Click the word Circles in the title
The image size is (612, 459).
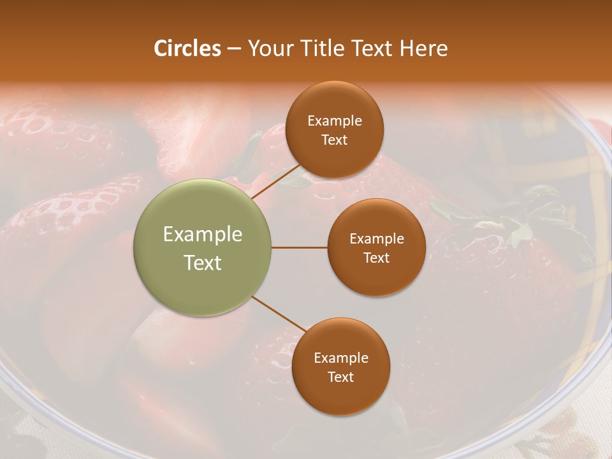(x=187, y=48)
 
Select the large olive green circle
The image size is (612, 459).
(x=203, y=248)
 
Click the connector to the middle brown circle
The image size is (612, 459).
(x=300, y=247)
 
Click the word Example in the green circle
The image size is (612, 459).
(x=203, y=235)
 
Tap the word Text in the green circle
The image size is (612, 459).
(x=203, y=263)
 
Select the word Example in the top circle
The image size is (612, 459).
(x=335, y=121)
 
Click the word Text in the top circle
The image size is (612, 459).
(x=334, y=140)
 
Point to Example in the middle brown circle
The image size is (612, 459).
(x=377, y=239)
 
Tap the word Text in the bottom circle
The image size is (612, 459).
(x=340, y=377)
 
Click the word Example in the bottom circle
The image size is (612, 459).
(x=341, y=358)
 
